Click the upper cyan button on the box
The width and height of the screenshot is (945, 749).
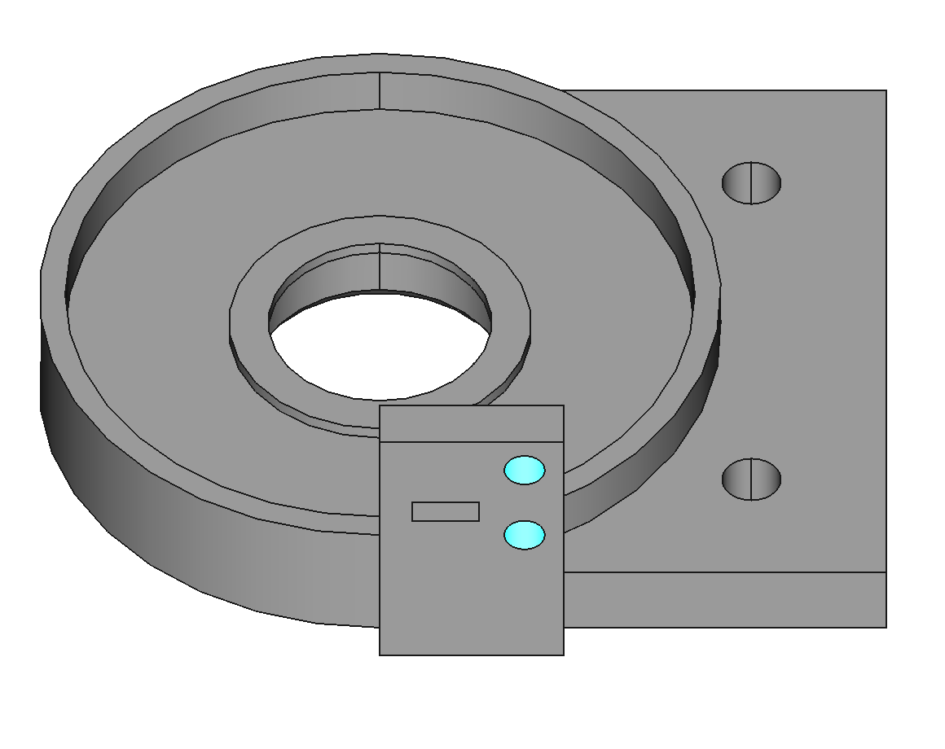[x=524, y=470]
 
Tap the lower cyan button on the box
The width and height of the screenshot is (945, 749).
[x=524, y=535]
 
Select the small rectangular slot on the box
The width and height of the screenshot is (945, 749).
[x=445, y=511]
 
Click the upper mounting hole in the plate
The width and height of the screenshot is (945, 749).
[x=751, y=182]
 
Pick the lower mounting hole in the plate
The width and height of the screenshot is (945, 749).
[x=751, y=479]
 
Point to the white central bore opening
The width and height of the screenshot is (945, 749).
[x=380, y=346]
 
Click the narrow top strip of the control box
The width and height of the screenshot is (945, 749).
[x=471, y=423]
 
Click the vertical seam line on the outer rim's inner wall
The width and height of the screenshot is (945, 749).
[x=380, y=90]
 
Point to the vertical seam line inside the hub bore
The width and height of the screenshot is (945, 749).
[x=380, y=267]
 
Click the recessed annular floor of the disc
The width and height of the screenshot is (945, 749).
[x=163, y=326]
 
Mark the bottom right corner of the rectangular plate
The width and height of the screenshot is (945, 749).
[x=886, y=627]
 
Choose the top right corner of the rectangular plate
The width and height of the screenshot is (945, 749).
[x=886, y=90]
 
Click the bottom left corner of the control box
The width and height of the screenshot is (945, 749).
[x=380, y=654]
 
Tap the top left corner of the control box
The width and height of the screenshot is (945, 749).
[x=380, y=405]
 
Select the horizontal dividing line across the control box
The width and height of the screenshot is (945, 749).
[x=471, y=442]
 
